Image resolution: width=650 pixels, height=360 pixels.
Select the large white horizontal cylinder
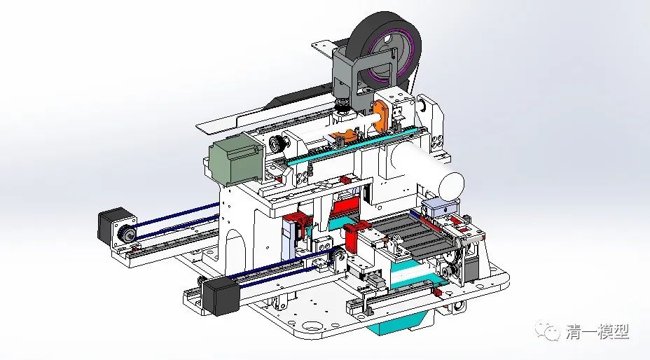tap(420, 167)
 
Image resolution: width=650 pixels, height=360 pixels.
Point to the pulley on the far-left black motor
tap(128, 235)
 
